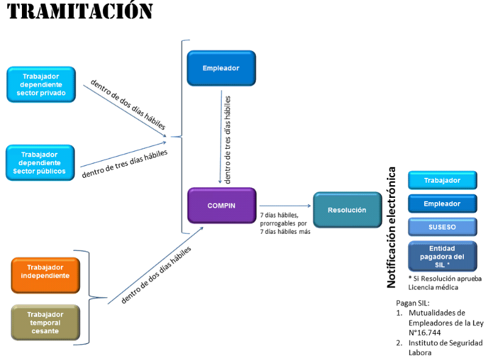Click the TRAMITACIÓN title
tap(80, 11)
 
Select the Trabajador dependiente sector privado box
tap(41, 84)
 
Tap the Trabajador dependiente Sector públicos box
tap(40, 163)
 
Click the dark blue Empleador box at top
tap(221, 68)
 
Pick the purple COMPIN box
tap(221, 205)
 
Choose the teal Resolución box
tap(347, 210)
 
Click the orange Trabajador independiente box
tap(45, 275)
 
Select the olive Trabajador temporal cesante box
tap(45, 322)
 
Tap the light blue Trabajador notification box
tap(442, 180)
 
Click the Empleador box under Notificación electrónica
tap(442, 203)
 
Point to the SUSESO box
tap(442, 227)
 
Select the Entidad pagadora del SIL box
tap(442, 256)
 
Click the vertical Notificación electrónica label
tap(393, 227)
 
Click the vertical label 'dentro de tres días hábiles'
tap(228, 139)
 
